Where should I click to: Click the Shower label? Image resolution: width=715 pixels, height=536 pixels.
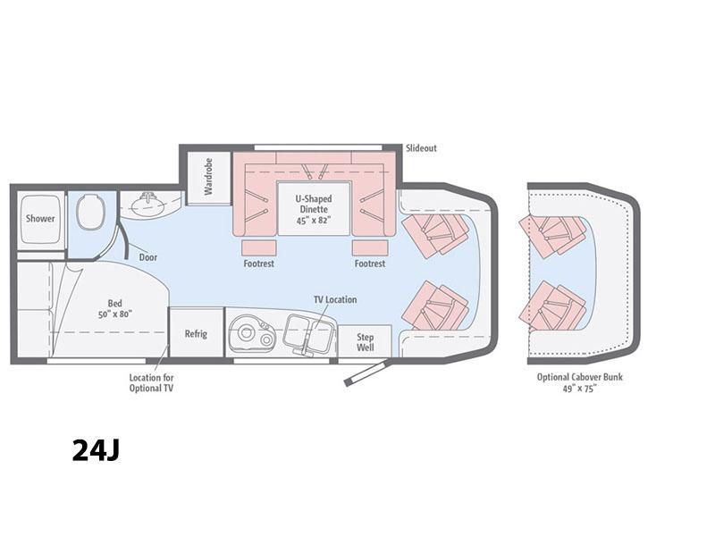point(40,218)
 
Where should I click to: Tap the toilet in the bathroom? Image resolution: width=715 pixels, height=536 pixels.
point(90,212)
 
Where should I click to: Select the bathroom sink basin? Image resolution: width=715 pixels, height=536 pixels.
point(147,204)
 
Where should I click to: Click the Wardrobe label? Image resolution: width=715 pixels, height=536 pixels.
point(208,177)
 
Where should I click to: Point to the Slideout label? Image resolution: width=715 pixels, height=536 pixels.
point(421,148)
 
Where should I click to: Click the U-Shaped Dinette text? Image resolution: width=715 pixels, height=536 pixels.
point(314,209)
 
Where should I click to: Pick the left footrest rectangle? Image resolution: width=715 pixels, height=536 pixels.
point(259,248)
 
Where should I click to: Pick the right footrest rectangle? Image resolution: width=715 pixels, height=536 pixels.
point(370,248)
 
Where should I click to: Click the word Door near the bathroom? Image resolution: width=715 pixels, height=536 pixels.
point(148,257)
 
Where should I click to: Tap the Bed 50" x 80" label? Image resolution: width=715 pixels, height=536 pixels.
point(115,308)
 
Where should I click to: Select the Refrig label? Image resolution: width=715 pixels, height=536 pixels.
point(196,333)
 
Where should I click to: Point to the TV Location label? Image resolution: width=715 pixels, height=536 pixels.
point(335,299)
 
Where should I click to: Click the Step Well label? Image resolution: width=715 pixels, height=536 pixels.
point(366,342)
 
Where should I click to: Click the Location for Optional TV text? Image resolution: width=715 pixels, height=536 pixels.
point(151,383)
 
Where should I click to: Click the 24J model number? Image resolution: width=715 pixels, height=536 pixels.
point(97,450)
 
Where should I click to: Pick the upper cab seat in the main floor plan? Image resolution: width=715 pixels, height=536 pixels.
point(435,234)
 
